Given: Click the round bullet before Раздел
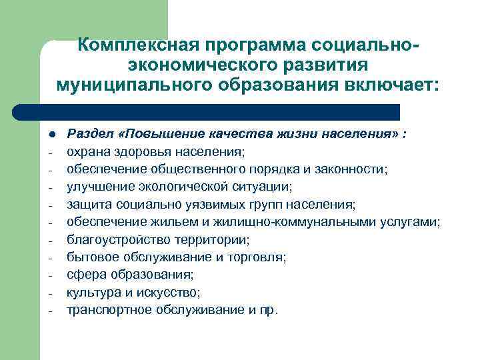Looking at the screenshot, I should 51,133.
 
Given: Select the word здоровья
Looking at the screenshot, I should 145,151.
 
